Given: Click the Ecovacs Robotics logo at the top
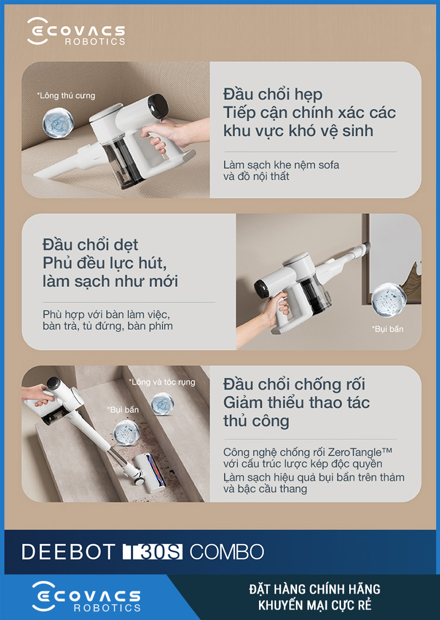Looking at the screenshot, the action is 76,31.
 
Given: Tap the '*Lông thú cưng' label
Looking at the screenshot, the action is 65,96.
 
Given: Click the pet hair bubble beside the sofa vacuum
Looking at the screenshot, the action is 58,123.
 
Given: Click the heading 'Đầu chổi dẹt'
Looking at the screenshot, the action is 90,245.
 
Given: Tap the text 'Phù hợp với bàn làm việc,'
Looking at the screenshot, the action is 106,315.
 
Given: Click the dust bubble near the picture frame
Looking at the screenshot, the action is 389,300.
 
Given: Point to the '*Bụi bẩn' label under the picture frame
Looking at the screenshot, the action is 387,329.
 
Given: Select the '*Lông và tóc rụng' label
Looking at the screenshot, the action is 162,382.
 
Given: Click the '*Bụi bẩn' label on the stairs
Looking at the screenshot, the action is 123,409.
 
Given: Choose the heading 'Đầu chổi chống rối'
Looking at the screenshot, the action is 294,385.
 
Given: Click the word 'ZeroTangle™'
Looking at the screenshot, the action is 360,452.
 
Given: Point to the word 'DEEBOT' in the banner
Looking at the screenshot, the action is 68,552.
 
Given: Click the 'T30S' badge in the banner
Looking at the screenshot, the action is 153,552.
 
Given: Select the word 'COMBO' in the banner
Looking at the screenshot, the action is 227,552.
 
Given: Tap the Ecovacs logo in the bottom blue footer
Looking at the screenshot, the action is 86,597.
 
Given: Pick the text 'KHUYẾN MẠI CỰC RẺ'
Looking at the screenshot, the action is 315,605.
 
